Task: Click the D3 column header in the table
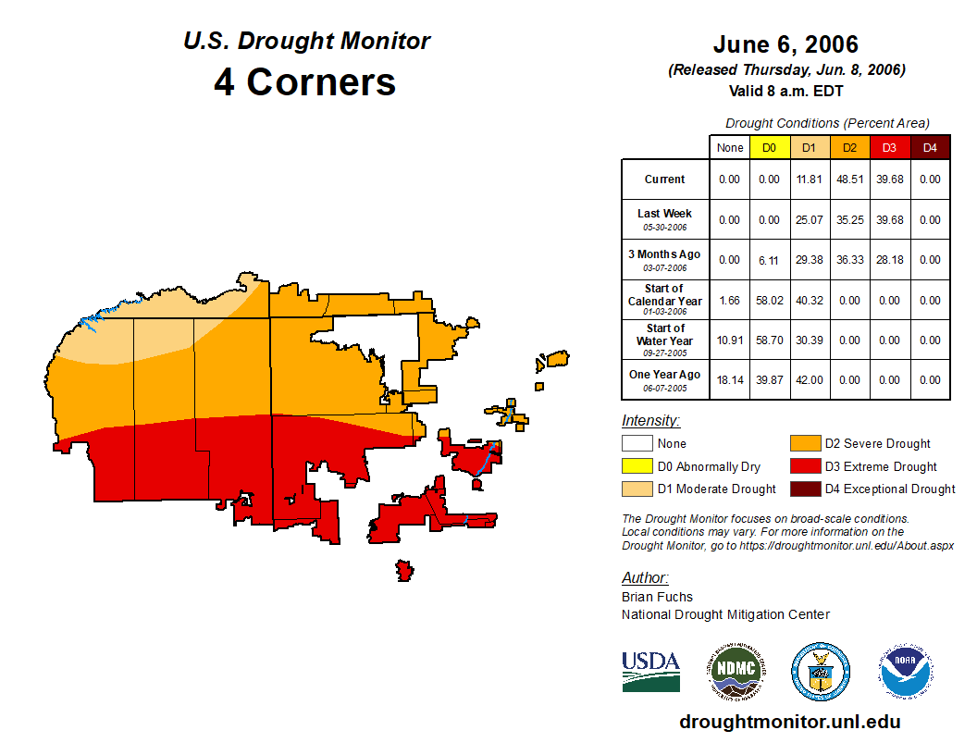tap(889, 147)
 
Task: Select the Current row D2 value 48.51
tap(849, 179)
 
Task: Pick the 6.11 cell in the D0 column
tap(769, 260)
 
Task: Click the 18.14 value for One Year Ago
tap(729, 380)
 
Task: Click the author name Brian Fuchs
tap(657, 597)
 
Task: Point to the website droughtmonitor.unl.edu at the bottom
tap(789, 722)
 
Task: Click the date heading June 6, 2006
tap(785, 44)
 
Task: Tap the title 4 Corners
tap(305, 81)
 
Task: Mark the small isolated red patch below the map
tap(404, 569)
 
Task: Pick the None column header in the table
tap(730, 147)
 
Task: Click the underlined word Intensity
tap(650, 421)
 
